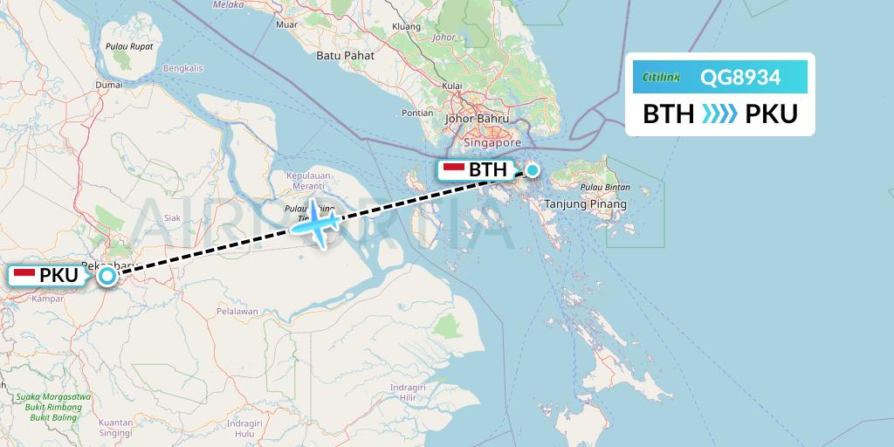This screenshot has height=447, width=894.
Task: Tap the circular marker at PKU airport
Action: (107, 276)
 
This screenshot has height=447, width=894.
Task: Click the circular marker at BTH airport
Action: (532, 170)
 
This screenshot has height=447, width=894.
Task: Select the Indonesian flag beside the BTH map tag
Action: (453, 169)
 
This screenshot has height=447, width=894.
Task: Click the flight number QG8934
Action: (739, 79)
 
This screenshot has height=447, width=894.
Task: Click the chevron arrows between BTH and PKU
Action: (719, 114)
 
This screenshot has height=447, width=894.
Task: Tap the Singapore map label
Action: (493, 142)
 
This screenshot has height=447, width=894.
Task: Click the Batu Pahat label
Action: (345, 56)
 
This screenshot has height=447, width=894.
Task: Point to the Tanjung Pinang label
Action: (585, 204)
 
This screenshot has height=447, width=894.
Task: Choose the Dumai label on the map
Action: (108, 85)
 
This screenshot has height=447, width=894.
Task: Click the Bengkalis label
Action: (182, 68)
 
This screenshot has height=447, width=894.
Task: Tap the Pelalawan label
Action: (237, 311)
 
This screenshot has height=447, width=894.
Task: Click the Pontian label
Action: (417, 113)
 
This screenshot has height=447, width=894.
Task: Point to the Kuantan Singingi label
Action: (116, 428)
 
